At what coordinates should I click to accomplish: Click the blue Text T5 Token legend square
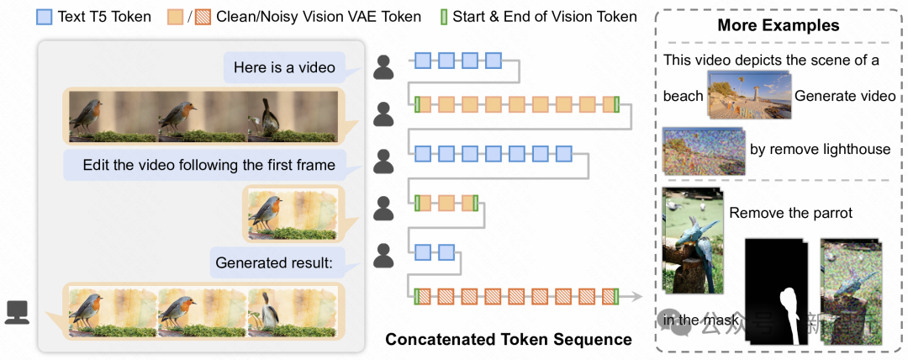tap(44, 16)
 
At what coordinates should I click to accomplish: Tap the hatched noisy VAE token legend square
tap(201, 16)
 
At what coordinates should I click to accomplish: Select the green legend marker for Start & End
tap(445, 16)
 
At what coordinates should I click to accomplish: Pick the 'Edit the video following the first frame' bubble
tap(209, 164)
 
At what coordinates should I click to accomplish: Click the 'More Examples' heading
tap(778, 25)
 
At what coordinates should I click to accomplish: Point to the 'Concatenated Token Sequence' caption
tap(509, 340)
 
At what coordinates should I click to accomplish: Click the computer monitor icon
tap(17, 312)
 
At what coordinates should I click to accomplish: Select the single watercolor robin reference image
tap(291, 214)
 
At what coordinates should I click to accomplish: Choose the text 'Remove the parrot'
tap(791, 213)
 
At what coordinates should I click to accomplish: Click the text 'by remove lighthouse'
tap(819, 149)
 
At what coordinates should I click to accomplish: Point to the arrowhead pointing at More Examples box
tap(636, 296)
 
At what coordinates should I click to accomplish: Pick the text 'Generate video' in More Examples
tap(845, 96)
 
